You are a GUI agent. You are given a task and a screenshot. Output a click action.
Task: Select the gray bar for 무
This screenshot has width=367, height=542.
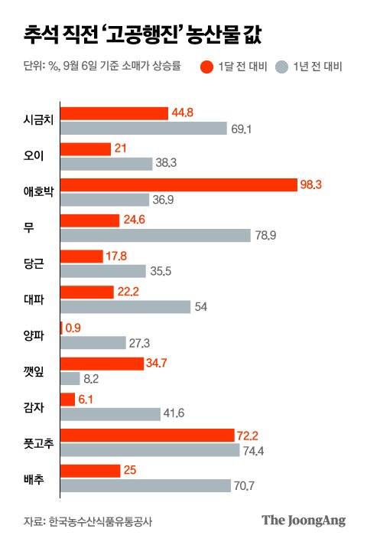click(x=154, y=235)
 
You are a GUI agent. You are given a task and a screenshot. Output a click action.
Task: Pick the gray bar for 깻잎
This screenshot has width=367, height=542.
click(x=70, y=377)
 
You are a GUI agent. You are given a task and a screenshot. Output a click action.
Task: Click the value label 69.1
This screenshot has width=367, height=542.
click(x=241, y=128)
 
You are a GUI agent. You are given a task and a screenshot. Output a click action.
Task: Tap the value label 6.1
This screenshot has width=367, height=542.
click(x=87, y=400)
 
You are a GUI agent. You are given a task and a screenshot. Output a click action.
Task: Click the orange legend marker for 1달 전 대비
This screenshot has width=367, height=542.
click(x=206, y=67)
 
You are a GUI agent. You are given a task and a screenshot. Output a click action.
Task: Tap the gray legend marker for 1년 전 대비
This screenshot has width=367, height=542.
click(x=281, y=67)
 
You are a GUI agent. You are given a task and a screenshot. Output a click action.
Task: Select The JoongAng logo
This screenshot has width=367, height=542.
click(x=304, y=520)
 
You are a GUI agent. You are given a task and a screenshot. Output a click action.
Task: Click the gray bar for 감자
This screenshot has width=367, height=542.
click(x=109, y=414)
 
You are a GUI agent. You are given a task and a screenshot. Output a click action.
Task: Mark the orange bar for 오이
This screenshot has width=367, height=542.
click(x=85, y=149)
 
